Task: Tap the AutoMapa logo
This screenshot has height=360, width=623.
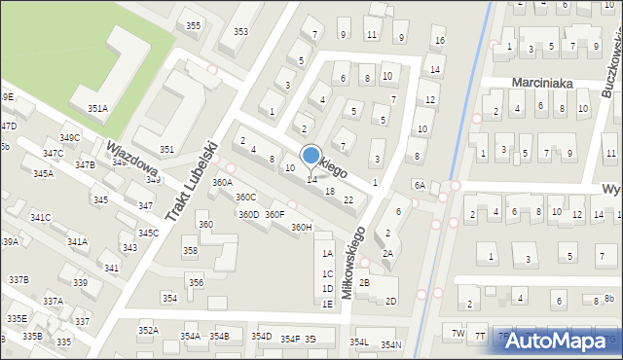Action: pos(558,341)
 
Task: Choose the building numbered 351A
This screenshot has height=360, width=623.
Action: pos(97,108)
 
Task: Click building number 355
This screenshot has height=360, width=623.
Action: pos(194,25)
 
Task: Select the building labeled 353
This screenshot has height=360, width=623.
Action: pos(240,32)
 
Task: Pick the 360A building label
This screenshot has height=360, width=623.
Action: pos(223,182)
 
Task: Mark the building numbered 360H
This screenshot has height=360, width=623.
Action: pos(302,228)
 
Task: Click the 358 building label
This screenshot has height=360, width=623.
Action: pos(190,251)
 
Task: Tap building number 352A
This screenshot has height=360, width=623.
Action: pos(148,331)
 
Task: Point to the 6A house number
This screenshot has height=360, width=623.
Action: pos(419,185)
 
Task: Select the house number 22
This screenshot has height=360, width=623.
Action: pos(348,199)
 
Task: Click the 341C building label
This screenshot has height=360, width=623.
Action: pos(40,217)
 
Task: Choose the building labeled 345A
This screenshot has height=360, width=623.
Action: pos(43,173)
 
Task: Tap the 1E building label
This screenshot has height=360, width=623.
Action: pos(328,304)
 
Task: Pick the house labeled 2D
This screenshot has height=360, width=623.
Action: pos(390,301)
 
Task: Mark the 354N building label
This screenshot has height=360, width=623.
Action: pos(390,344)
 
